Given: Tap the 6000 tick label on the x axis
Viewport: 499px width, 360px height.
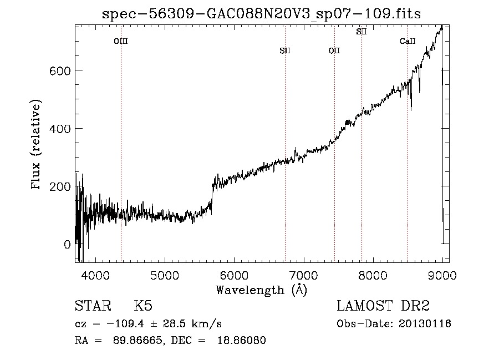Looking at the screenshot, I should tap(234, 275).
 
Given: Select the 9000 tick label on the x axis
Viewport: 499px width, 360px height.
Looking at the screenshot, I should tap(442, 275).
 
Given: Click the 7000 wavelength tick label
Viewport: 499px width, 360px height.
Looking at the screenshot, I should tap(304, 275).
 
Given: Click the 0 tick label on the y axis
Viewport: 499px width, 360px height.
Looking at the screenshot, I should tap(67, 244).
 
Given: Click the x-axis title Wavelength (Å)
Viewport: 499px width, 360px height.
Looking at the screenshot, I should tap(262, 290).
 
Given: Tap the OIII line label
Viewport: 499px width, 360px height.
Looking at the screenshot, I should tap(121, 41).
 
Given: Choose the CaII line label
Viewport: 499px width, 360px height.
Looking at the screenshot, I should tap(408, 41).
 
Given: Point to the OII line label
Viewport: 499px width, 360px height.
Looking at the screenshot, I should tap(334, 51).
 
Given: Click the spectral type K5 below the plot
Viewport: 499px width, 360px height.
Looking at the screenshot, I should tap(143, 306).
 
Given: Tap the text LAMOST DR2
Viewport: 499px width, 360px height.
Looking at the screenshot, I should tap(383, 306).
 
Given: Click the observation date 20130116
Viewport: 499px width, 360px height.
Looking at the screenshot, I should tap(425, 324).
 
